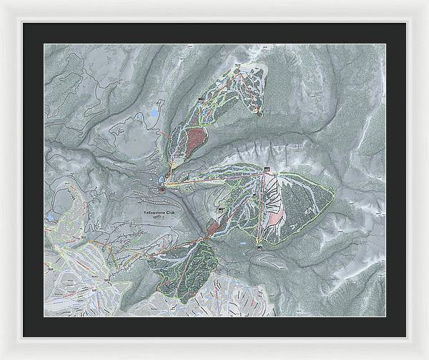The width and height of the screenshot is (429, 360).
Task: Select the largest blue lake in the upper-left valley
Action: point(153,114)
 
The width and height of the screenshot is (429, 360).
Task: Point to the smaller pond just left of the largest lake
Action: point(138,115)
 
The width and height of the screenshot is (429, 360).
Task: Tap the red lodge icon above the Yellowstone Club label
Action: point(163,190)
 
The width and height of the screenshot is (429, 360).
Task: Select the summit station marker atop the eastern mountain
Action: point(266,169)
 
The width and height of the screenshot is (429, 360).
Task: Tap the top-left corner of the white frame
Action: point(2,2)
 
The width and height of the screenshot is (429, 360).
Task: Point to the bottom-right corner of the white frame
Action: point(426,357)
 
